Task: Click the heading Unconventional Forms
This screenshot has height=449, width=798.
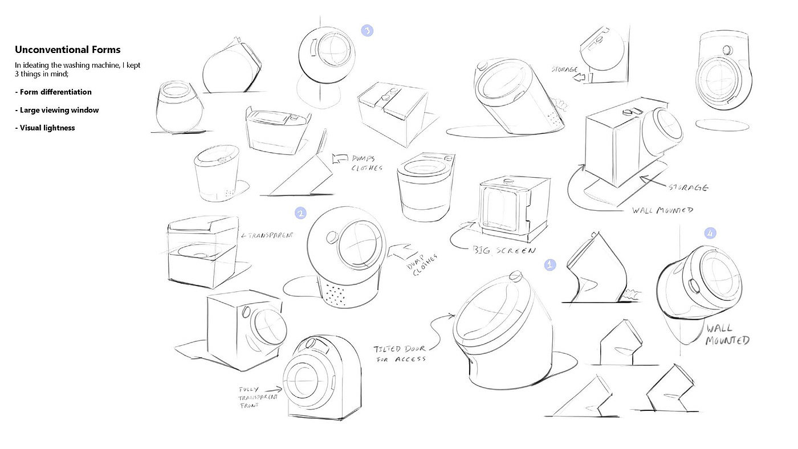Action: tap(68, 50)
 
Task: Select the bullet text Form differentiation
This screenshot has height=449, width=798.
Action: tap(54, 92)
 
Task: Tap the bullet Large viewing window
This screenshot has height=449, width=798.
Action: tap(57, 110)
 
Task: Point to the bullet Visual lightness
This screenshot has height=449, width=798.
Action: tap(46, 128)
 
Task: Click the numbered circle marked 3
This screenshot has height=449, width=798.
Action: tap(368, 31)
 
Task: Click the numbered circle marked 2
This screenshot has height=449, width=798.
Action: tap(301, 213)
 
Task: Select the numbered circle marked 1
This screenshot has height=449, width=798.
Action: tap(550, 264)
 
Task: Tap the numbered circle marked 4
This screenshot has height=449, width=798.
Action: tap(710, 233)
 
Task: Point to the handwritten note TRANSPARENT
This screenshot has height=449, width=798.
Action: tap(267, 235)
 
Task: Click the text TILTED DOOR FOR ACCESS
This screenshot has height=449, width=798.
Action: tap(400, 353)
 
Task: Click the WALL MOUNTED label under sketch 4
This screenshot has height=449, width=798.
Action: tap(728, 334)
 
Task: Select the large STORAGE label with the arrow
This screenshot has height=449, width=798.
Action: tap(688, 187)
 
